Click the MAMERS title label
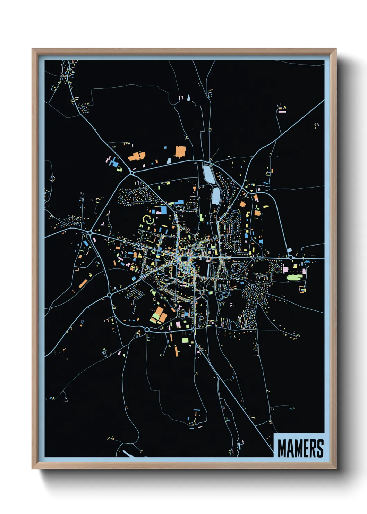click(300, 448)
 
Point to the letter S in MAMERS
click(320, 448)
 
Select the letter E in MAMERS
click(305, 448)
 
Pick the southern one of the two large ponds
click(215, 196)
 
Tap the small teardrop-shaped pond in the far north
click(188, 98)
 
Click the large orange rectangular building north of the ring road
click(180, 152)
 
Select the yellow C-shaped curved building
click(147, 219)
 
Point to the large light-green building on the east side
click(295, 277)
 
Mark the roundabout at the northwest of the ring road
click(132, 173)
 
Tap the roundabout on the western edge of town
click(90, 232)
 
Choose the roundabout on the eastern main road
click(290, 258)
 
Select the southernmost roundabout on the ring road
click(147, 329)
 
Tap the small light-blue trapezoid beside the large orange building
click(169, 161)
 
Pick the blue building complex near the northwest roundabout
click(113, 161)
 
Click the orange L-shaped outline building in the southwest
click(77, 269)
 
